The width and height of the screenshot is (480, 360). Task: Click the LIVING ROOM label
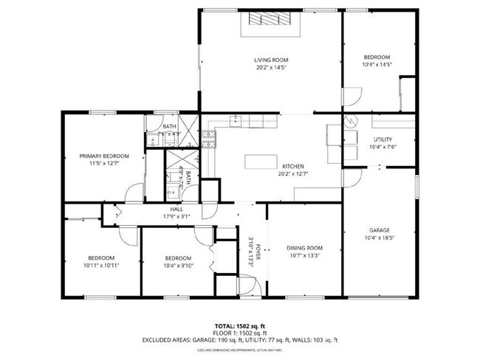pos(271,60)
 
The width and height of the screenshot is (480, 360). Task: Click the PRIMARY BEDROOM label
pos(105,156)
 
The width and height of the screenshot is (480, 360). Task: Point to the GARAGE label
pos(380,230)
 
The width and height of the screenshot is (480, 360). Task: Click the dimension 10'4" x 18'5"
pos(380,238)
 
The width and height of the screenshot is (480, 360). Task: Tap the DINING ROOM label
pos(305,248)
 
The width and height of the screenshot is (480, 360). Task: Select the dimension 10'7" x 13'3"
pos(305,256)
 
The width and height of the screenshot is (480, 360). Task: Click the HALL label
pos(176,210)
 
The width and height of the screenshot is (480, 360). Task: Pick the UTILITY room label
pos(383,139)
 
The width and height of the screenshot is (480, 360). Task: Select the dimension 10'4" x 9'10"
pos(178,265)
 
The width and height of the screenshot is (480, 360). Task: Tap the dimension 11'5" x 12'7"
pos(105,164)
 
